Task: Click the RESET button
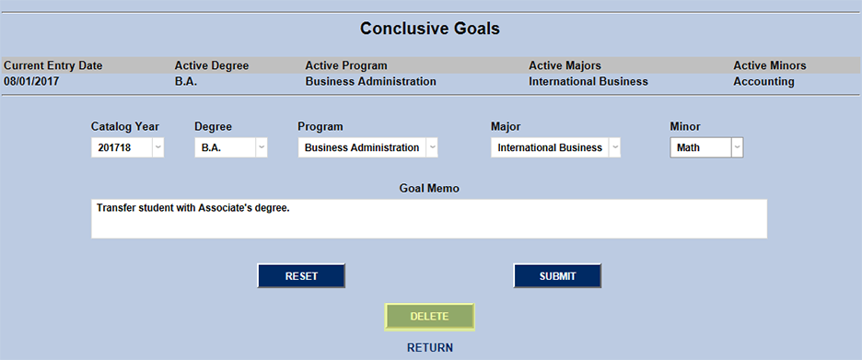(x=301, y=276)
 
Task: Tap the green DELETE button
(x=429, y=317)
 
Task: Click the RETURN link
(x=430, y=348)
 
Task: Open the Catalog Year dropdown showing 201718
(x=127, y=147)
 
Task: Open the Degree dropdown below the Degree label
(x=230, y=147)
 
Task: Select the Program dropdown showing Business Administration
(x=367, y=147)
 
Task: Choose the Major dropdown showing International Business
(x=555, y=147)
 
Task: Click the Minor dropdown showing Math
(x=706, y=147)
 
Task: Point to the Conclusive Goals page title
(x=430, y=29)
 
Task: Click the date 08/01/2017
(x=32, y=81)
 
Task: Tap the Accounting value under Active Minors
(x=763, y=81)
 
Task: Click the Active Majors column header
(x=565, y=65)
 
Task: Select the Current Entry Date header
(x=53, y=65)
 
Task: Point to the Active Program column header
(x=346, y=65)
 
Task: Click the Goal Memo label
(x=429, y=188)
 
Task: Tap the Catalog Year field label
(x=125, y=126)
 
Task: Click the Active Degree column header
(x=212, y=65)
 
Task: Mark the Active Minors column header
(x=770, y=65)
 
